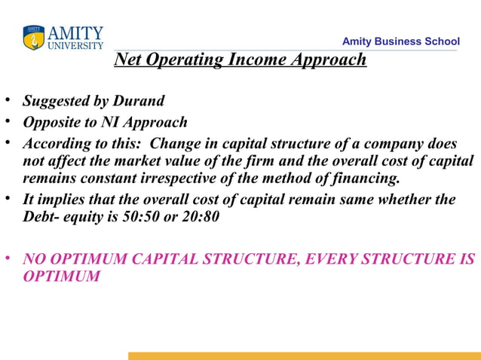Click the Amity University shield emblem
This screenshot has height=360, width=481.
[33, 38]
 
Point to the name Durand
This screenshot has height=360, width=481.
[139, 101]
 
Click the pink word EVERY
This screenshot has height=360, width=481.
[329, 259]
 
